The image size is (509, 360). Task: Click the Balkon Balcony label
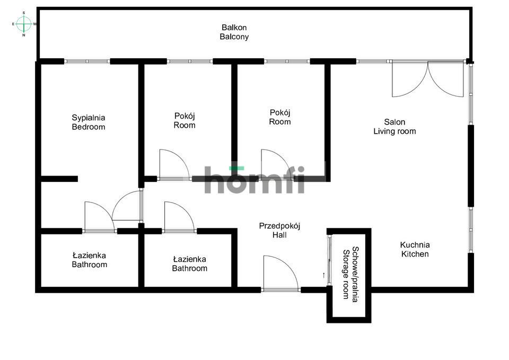234,32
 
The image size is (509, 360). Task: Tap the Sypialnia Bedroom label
89,122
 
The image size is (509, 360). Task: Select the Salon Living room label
394,127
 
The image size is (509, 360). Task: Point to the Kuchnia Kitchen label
415,249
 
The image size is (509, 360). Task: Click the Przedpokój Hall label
279,230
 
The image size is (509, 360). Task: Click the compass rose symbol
24,24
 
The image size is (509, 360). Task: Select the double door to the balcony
427,79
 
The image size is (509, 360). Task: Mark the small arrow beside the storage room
323,275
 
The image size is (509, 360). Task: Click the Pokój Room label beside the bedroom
185,120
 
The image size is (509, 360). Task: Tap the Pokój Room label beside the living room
280,117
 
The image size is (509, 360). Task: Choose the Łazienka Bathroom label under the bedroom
89,260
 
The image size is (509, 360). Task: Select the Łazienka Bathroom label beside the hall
190,264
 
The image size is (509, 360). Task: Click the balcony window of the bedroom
87,61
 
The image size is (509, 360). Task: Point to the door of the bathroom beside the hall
179,217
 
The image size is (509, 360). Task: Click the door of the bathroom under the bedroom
99,217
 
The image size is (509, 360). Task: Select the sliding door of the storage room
329,260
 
